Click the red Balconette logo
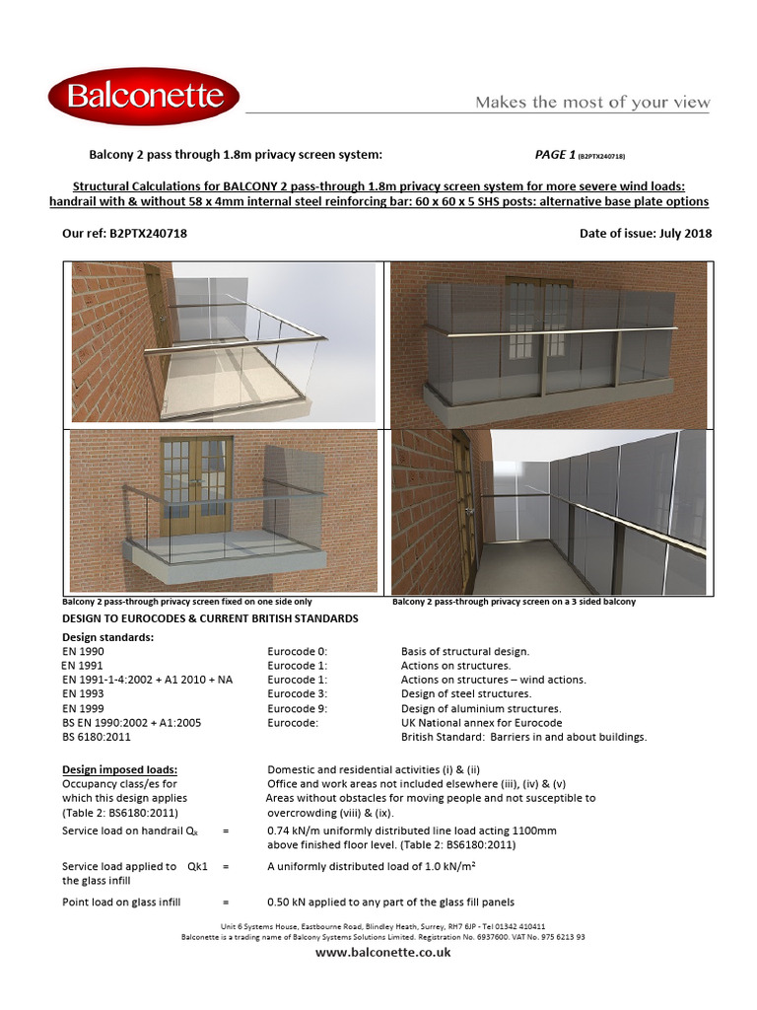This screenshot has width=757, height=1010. (144, 97)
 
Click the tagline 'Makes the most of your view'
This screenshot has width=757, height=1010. (592, 103)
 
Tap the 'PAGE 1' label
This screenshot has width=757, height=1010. (555, 155)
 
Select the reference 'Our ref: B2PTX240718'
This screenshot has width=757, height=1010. (124, 234)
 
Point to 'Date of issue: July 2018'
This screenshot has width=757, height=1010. (647, 234)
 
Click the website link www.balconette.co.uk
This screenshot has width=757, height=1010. (383, 953)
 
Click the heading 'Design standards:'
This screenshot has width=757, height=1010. (107, 637)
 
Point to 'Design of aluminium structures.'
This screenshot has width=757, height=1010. (481, 708)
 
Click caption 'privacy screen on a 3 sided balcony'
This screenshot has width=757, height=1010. (559, 601)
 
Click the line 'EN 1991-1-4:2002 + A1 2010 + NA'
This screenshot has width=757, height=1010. (147, 680)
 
